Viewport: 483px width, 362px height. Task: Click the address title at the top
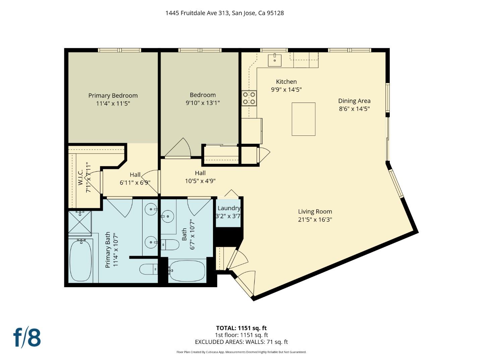click(224, 13)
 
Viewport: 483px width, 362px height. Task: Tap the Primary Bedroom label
click(113, 96)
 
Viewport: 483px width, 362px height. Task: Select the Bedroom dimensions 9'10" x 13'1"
click(203, 103)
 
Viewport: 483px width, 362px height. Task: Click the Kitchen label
click(286, 81)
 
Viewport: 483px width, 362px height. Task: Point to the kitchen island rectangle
click(303, 119)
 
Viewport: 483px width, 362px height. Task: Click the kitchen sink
click(275, 60)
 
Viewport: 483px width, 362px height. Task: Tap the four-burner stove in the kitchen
click(249, 98)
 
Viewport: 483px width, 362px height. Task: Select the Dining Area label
click(354, 101)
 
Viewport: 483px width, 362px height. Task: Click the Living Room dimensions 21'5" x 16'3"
click(315, 220)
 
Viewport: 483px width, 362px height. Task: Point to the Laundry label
click(229, 208)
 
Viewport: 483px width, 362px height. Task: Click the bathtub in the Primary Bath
click(80, 260)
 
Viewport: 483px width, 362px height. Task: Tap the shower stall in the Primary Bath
click(80, 222)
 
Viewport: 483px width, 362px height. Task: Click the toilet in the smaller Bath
click(170, 245)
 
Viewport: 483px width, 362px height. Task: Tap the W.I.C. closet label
click(80, 178)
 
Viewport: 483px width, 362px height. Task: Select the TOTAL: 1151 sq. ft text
click(241, 328)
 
